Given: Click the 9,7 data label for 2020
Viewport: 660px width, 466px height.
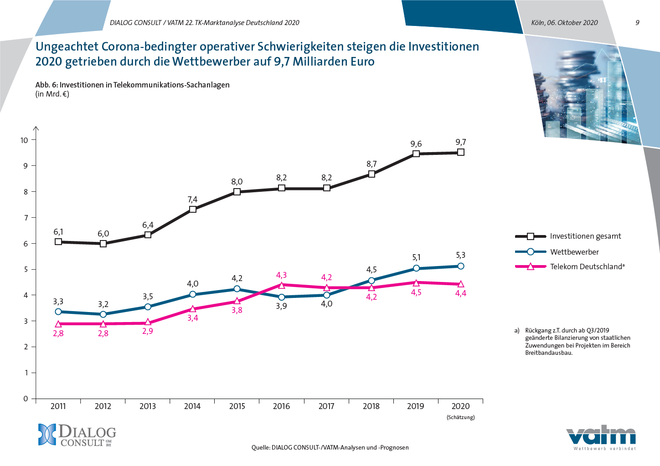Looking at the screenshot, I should [461, 142].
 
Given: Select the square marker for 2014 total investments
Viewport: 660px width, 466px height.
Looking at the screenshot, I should [193, 210].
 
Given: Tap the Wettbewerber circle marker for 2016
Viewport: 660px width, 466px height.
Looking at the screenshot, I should [282, 297].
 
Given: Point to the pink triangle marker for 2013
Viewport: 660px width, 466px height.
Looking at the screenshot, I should [148, 323].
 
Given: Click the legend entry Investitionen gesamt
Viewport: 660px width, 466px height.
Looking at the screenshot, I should [585, 236].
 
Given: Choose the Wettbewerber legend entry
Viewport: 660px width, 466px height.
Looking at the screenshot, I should [574, 252].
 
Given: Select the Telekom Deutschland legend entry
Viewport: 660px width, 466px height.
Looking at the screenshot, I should [587, 266].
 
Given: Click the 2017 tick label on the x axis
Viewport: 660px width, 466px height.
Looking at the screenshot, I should [326, 406].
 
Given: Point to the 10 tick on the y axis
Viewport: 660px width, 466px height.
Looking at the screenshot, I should [24, 140].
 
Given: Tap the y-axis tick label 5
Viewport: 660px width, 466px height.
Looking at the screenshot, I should [26, 269].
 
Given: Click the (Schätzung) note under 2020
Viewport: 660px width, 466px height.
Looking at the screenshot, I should [460, 417].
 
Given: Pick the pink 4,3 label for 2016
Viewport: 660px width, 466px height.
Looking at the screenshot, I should [282, 275].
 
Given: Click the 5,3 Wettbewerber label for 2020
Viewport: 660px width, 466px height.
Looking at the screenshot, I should [461, 255].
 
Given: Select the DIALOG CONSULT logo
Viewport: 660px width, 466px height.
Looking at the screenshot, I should [77, 435].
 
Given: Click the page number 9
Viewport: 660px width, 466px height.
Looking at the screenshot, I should [637, 23].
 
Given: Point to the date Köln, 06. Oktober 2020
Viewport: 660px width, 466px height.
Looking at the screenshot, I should [564, 23].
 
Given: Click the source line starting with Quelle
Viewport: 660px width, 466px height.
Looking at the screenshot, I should [330, 447].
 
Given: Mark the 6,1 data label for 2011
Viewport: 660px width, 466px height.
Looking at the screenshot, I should [58, 232].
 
